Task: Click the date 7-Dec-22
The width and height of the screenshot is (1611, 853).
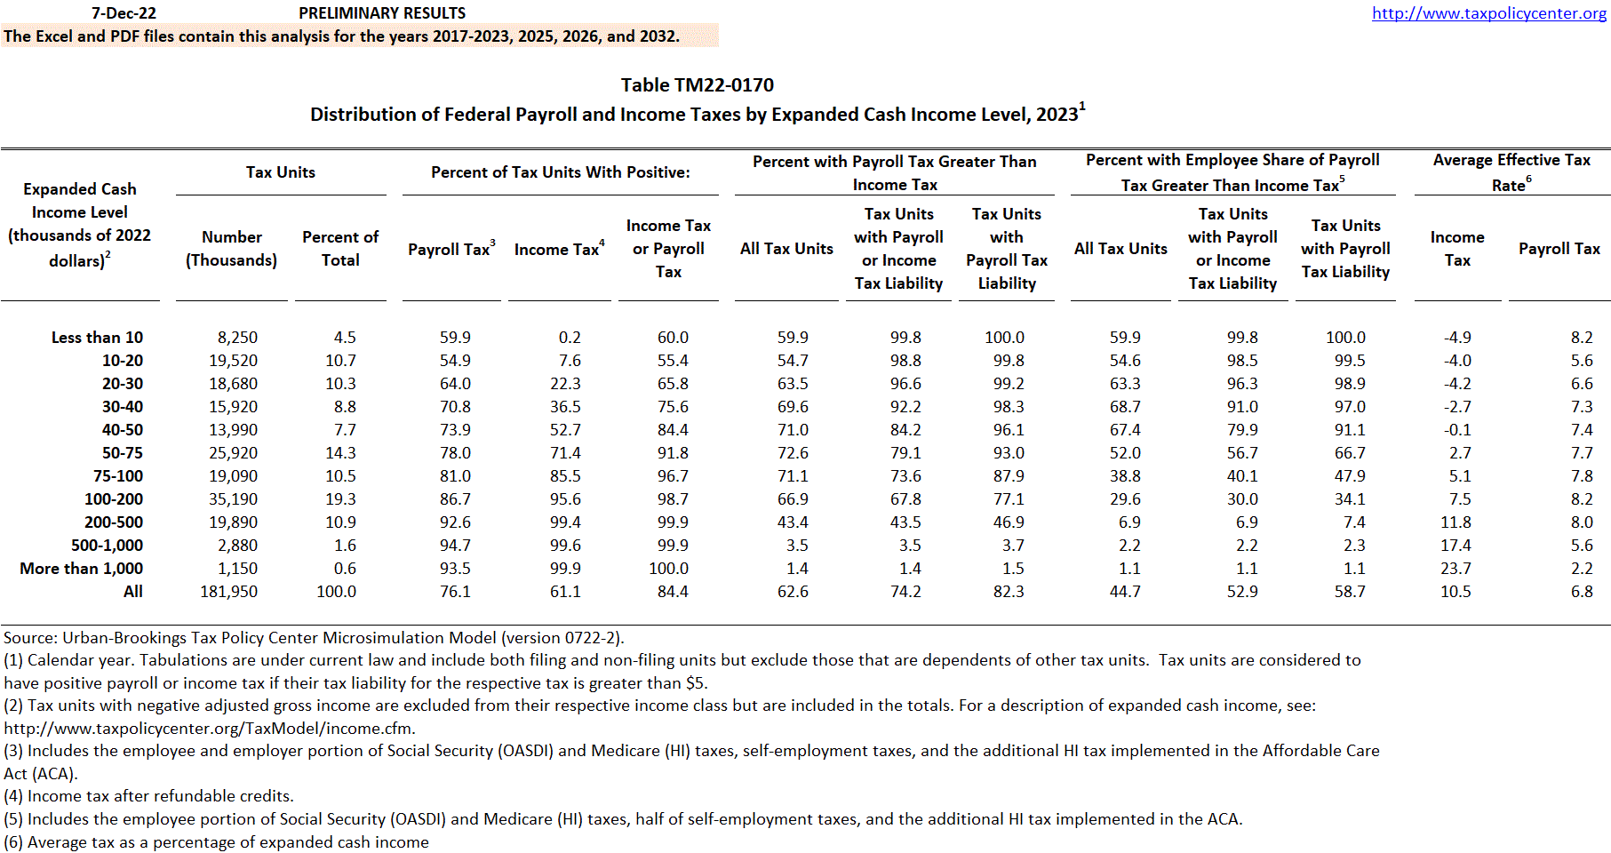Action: point(124,13)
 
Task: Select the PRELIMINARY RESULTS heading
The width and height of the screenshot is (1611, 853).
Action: point(382,13)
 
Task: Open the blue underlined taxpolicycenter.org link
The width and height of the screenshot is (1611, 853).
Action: point(1488,13)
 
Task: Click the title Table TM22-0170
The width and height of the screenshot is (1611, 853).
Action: point(697,85)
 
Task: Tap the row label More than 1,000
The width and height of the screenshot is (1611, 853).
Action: point(81,569)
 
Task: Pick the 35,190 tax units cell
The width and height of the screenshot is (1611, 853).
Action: point(232,499)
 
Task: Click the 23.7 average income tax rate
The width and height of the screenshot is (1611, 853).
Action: point(1455,569)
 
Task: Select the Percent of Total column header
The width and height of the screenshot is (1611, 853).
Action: point(340,249)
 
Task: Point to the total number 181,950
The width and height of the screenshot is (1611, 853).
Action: point(228,592)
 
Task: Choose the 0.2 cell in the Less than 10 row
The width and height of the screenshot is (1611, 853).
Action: point(570,338)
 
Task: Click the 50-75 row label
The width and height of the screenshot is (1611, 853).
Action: point(122,453)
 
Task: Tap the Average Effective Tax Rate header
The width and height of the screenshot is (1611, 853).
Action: point(1511,172)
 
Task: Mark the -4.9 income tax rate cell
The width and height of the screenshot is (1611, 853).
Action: point(1457,338)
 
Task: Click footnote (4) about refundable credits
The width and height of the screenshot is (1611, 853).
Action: point(148,796)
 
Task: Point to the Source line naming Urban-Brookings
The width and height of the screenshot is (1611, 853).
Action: point(314,638)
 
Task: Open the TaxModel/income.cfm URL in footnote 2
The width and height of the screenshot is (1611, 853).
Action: point(210,729)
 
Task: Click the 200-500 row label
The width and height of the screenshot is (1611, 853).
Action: point(113,522)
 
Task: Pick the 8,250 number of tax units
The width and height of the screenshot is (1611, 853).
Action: point(237,338)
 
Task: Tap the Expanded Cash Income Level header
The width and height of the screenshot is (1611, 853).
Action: point(80,225)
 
